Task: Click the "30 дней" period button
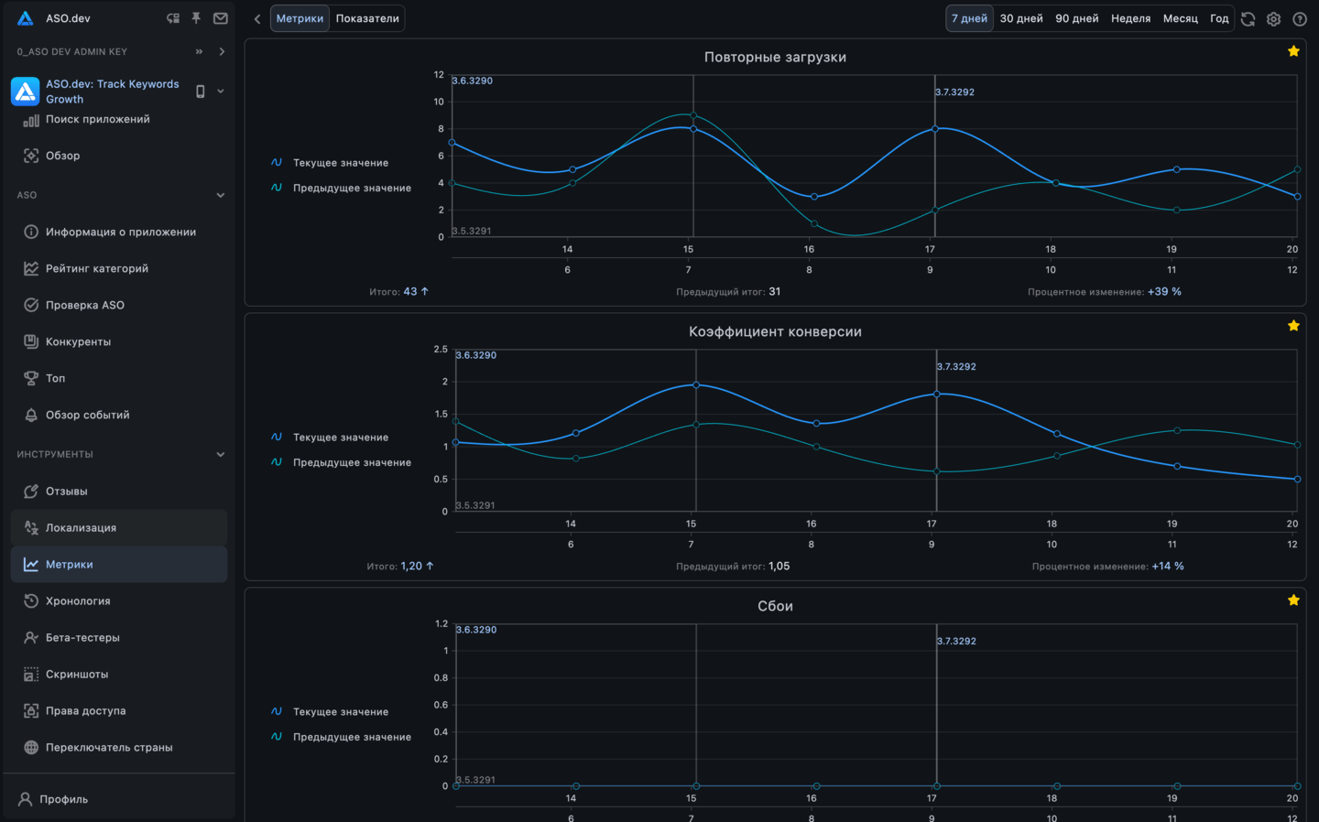(x=1021, y=18)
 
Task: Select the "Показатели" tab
(x=367, y=18)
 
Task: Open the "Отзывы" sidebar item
(x=67, y=492)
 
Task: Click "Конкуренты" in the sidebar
(x=78, y=341)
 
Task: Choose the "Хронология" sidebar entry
(x=78, y=601)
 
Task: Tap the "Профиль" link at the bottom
(x=63, y=799)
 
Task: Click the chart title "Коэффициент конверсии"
(x=775, y=331)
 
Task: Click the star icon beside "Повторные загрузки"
(x=1293, y=51)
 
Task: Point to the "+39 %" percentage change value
(x=1164, y=292)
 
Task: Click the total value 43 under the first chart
(x=410, y=292)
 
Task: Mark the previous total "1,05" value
(x=779, y=567)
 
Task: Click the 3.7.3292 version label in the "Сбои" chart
(x=956, y=642)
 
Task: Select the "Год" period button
(x=1219, y=18)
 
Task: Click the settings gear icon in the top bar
(x=1273, y=18)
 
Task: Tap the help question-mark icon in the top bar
(x=1299, y=18)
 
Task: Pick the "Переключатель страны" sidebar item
(x=109, y=748)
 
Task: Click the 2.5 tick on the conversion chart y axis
(x=441, y=350)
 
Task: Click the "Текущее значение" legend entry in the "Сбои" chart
(x=341, y=712)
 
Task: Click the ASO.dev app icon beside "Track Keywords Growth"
(x=25, y=92)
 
